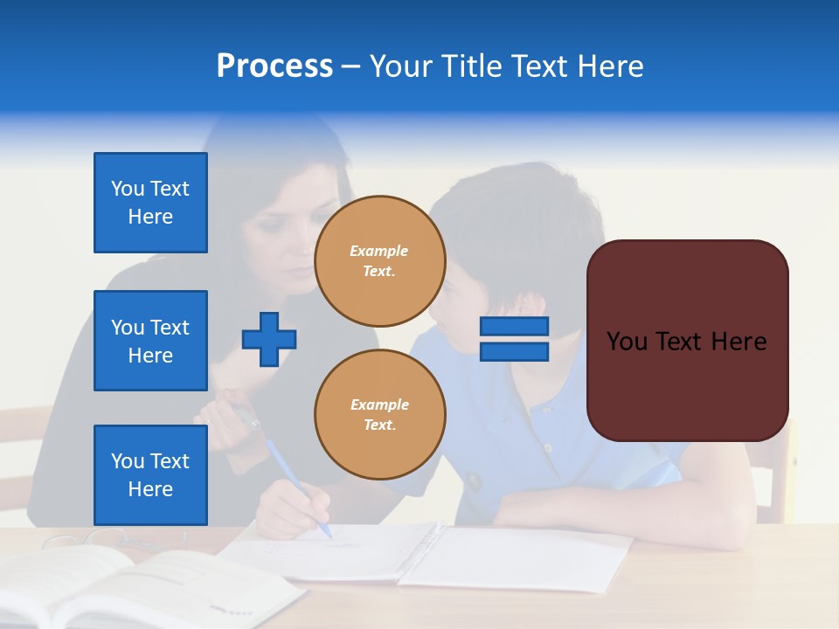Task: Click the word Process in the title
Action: point(274,66)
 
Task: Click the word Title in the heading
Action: point(469,66)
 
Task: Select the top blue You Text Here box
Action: point(150,203)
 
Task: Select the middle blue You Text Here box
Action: point(150,341)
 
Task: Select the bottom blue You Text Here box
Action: point(150,475)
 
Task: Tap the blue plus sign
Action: point(269,339)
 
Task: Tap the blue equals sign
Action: point(514,339)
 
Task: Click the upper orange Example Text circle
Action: point(379,261)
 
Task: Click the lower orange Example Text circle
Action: point(379,415)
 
